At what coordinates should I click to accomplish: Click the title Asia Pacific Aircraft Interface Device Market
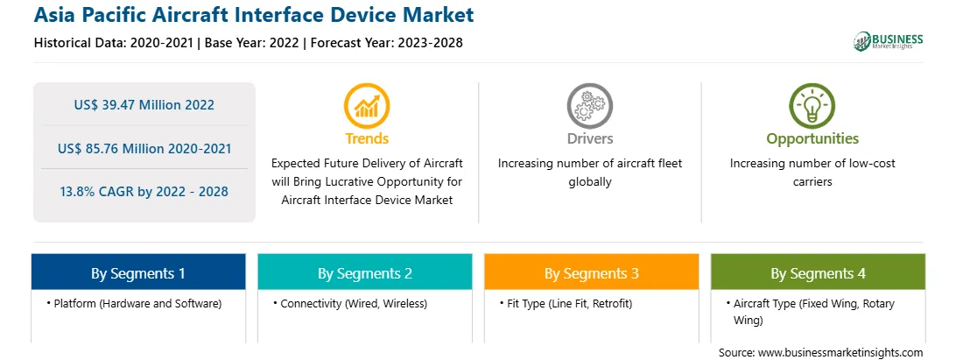pyautogui.click(x=254, y=15)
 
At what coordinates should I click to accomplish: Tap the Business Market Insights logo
pyautogui.click(x=889, y=41)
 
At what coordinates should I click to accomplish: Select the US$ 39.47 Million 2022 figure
pyautogui.click(x=144, y=104)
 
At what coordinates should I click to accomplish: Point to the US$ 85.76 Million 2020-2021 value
pyautogui.click(x=144, y=148)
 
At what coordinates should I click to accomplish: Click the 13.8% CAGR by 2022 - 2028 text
pyautogui.click(x=144, y=192)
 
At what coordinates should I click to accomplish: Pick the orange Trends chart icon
pyautogui.click(x=367, y=106)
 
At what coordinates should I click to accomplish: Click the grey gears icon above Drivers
pyautogui.click(x=589, y=106)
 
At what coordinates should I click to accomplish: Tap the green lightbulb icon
pyautogui.click(x=812, y=106)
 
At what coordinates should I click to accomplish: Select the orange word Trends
pyautogui.click(x=367, y=138)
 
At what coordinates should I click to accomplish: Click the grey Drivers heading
pyautogui.click(x=590, y=138)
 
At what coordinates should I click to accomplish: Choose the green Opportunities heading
pyautogui.click(x=812, y=139)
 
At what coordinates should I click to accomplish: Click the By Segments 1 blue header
pyautogui.click(x=138, y=272)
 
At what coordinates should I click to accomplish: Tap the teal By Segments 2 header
pyautogui.click(x=364, y=272)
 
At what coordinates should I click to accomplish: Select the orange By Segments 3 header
pyautogui.click(x=592, y=272)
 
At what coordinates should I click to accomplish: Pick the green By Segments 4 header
pyautogui.click(x=819, y=272)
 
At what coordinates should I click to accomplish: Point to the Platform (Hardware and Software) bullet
pyautogui.click(x=134, y=303)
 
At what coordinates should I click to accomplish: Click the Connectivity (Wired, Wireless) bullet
pyautogui.click(x=350, y=303)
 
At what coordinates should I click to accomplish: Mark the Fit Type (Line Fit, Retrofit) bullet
pyautogui.click(x=566, y=303)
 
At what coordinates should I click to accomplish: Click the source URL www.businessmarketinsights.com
pyautogui.click(x=841, y=353)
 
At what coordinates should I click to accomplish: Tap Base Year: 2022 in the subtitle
pyautogui.click(x=252, y=43)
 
